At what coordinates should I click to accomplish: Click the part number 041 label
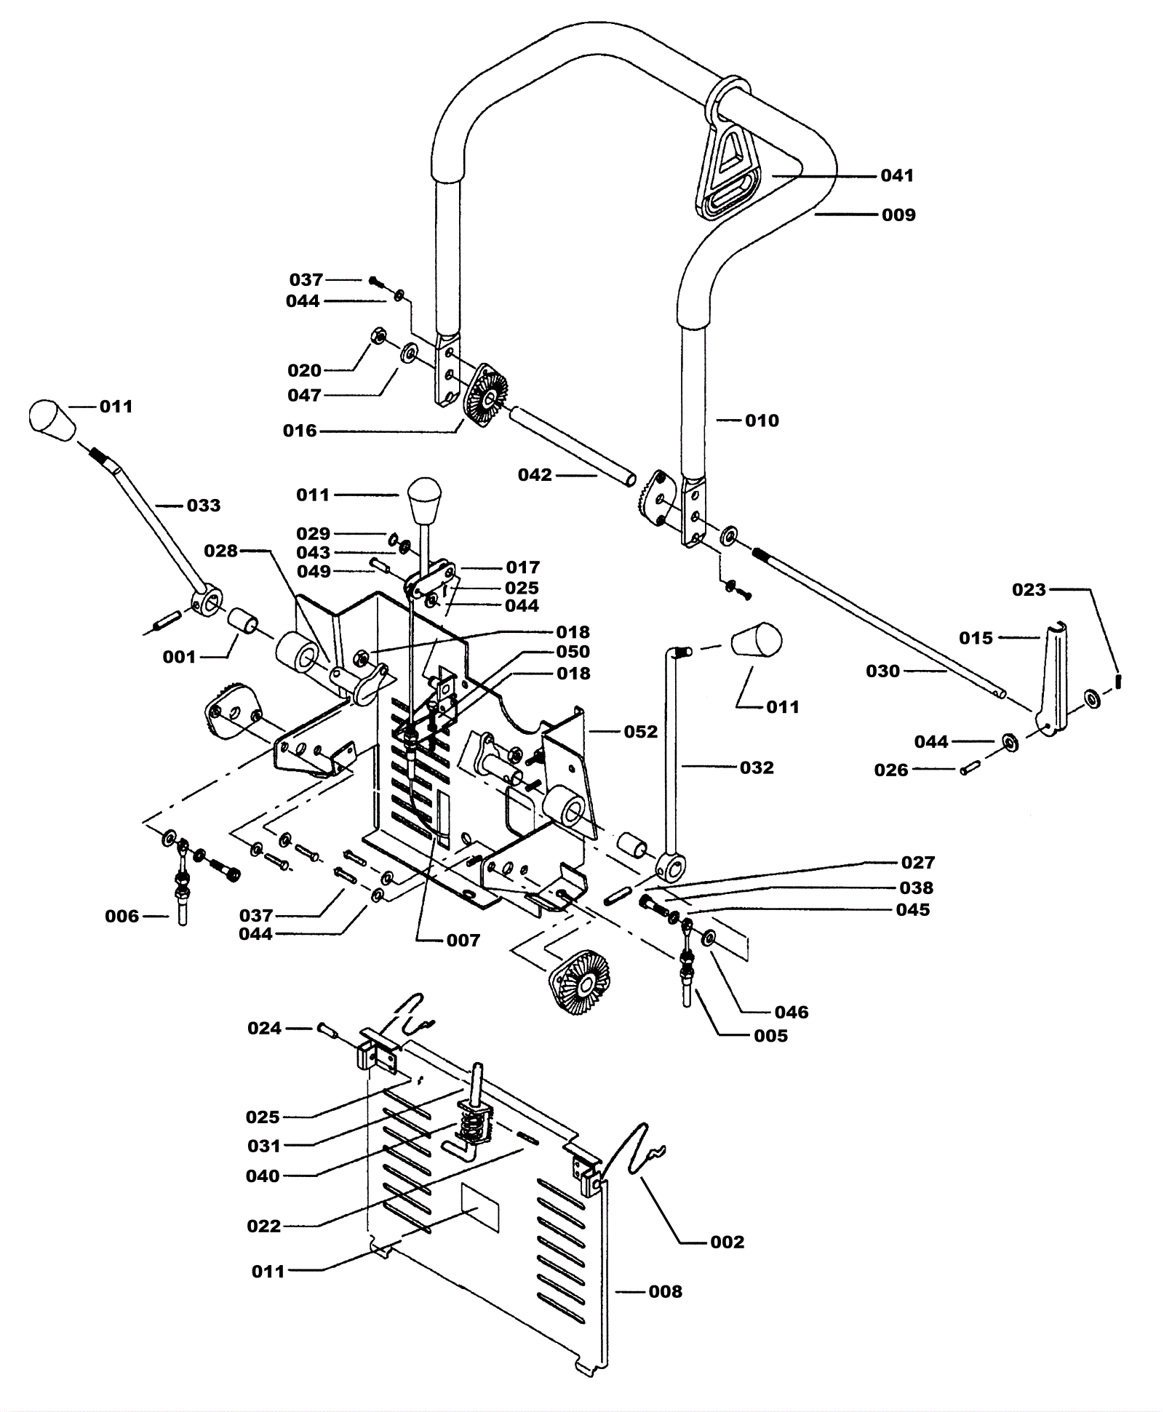coord(897,175)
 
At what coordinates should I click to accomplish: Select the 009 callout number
coord(898,215)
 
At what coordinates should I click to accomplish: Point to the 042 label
coord(535,475)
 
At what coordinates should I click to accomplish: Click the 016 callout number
coord(300,431)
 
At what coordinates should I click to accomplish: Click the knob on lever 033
coord(52,420)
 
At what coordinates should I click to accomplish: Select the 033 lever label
coord(204,506)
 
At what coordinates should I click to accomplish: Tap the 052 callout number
coord(640,731)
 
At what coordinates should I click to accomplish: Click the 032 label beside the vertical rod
coord(757,767)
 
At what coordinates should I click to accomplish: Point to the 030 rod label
coord(882,671)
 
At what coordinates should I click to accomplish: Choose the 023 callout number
coord(1029,589)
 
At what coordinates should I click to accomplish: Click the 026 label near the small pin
coord(891,770)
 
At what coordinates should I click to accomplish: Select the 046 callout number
coord(792,1012)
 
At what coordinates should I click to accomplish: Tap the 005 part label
coord(770,1036)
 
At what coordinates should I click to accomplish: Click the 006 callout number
coord(122,917)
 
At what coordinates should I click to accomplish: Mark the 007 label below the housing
coord(463,941)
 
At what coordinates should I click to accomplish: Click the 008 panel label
coord(665,1291)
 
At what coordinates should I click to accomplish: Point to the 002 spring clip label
coord(727,1242)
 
